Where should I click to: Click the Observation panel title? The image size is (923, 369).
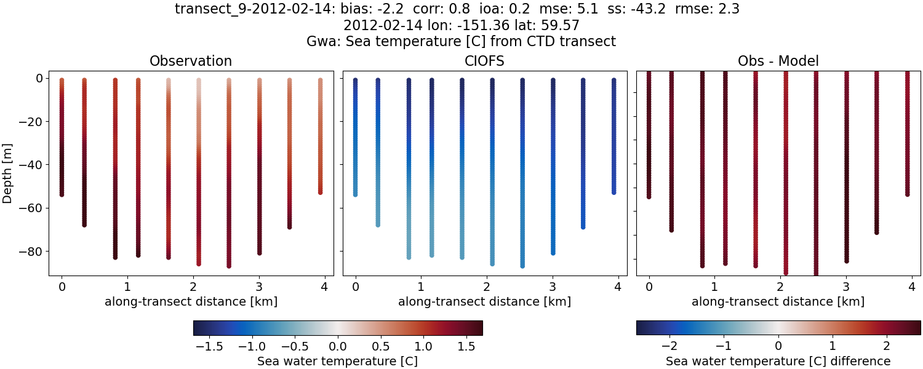pyautogui.click(x=191, y=61)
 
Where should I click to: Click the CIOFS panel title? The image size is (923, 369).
pyautogui.click(x=484, y=61)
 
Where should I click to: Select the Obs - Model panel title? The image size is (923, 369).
pyautogui.click(x=778, y=61)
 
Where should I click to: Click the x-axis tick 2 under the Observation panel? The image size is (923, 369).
pyautogui.click(x=193, y=287)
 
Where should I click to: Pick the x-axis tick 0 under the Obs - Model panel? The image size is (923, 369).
pyautogui.click(x=649, y=287)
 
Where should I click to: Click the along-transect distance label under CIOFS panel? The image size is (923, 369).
pyautogui.click(x=484, y=302)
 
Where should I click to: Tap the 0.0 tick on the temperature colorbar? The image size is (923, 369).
pyautogui.click(x=337, y=346)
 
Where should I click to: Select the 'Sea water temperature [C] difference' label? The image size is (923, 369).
pyautogui.click(x=778, y=361)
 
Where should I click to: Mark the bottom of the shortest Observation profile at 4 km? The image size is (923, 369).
pyautogui.click(x=321, y=192)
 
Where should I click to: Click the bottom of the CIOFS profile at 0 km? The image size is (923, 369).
pyautogui.click(x=355, y=194)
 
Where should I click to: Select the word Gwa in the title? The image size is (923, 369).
pyautogui.click(x=320, y=42)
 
